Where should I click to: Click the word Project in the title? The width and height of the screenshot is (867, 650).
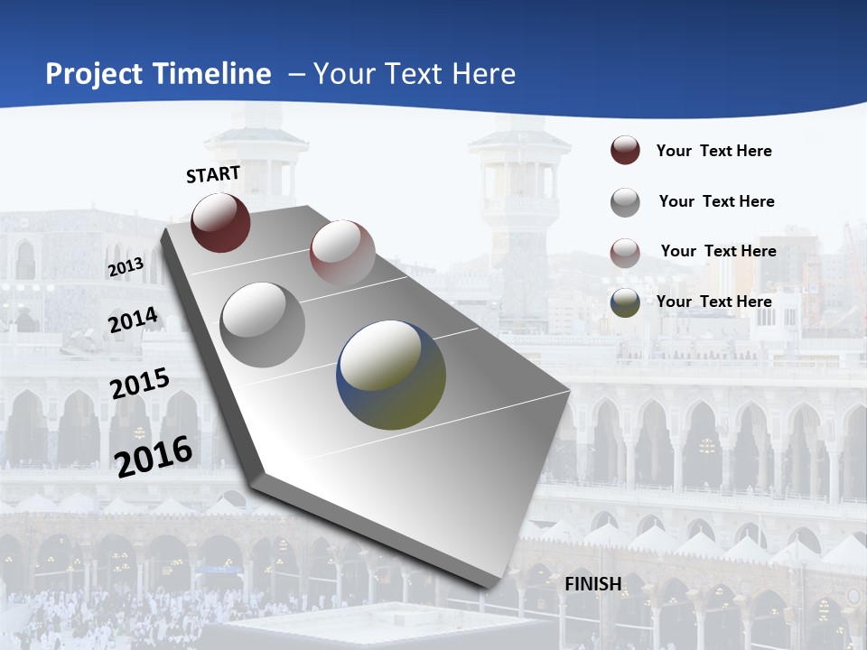[x=94, y=74]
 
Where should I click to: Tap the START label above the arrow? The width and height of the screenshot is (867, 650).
[x=213, y=174]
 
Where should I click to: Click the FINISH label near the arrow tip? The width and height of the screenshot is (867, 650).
[x=593, y=584]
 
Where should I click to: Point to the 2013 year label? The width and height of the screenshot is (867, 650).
[x=126, y=267]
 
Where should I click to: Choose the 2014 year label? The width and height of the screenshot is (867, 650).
[x=133, y=320]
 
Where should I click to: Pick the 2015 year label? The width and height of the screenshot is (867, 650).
[x=140, y=384]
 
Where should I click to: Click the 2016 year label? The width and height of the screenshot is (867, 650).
[x=154, y=456]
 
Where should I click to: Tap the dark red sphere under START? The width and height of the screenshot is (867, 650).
[x=220, y=222]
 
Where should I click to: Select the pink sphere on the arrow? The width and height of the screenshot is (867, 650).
[x=342, y=252]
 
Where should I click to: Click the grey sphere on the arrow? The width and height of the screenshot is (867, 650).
[x=263, y=325]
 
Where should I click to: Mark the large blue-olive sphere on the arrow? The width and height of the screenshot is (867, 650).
[x=391, y=375]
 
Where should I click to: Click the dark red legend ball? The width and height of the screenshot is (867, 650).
[x=625, y=151]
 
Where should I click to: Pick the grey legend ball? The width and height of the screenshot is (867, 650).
[x=625, y=202]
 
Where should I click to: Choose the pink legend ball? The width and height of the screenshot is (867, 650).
[x=625, y=253]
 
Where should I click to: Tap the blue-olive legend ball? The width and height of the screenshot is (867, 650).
[x=625, y=302]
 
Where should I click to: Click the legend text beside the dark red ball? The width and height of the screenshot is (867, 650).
[x=713, y=151]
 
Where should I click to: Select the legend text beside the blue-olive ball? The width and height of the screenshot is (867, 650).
[x=713, y=302]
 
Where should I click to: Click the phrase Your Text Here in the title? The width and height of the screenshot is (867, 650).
[x=415, y=74]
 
